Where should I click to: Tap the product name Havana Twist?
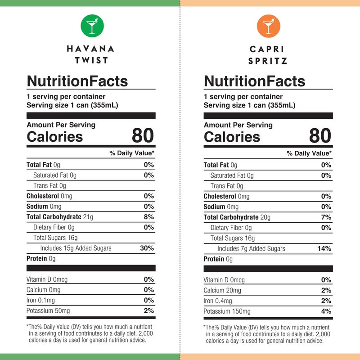(x=90, y=54)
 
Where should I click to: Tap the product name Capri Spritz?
(x=268, y=54)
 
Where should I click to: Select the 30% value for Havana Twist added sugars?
(x=147, y=248)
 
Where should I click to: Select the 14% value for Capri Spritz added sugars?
(x=324, y=248)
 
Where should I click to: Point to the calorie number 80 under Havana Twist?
(x=143, y=135)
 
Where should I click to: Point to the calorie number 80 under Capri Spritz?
(x=320, y=135)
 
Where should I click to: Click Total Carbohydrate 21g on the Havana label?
(x=60, y=217)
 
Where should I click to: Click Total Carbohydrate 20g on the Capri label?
(x=237, y=217)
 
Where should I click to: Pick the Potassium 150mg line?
(x=227, y=311)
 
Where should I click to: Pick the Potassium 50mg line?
(x=48, y=310)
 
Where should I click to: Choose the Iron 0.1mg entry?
(x=41, y=300)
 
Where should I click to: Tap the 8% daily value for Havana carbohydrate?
(x=149, y=217)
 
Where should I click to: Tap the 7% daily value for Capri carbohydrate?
(x=326, y=217)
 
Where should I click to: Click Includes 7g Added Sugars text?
(x=251, y=248)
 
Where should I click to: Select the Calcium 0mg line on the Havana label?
(x=43, y=290)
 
